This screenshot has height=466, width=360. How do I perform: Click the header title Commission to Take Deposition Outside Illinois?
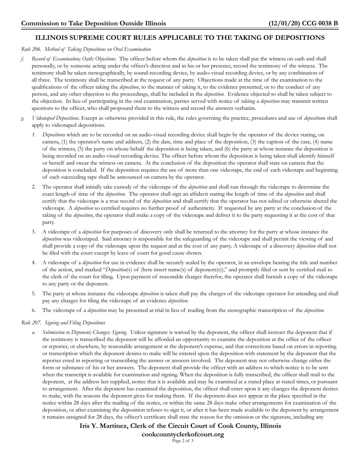[93, 23]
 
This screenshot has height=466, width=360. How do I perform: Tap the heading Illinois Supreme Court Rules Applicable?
[180, 38]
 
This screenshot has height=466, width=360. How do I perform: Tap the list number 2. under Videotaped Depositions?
[34, 187]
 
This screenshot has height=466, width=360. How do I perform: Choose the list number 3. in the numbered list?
[34, 231]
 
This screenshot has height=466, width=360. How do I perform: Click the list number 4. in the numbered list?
[34, 262]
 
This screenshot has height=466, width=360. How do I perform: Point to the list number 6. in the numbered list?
[34, 310]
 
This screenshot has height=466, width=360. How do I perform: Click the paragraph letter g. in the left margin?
[23, 118]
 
